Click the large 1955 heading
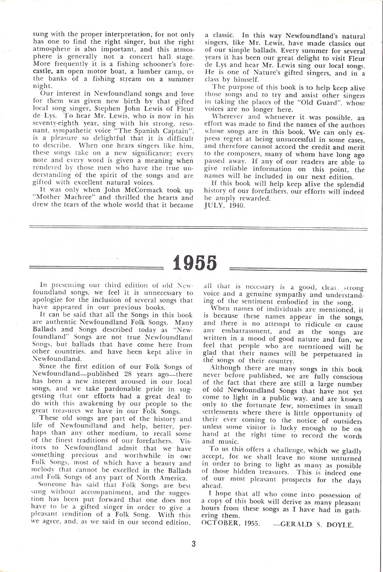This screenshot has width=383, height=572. (x=195, y=262)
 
